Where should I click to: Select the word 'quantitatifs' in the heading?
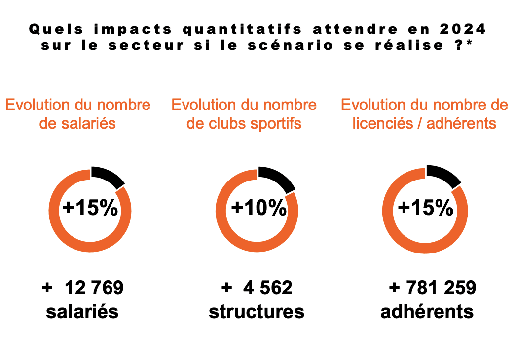coord(242,29)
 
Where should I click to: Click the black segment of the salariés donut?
coord(107,177)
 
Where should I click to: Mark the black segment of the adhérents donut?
coord(443,176)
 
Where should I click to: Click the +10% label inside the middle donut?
coord(258,208)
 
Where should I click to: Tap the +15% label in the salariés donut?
coord(90,208)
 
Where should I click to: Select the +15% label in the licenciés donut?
coord(425,208)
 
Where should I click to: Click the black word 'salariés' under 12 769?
coord(82,312)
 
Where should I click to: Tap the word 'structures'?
coord(257,312)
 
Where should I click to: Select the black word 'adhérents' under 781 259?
coord(427,312)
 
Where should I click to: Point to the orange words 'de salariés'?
coord(77,123)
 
